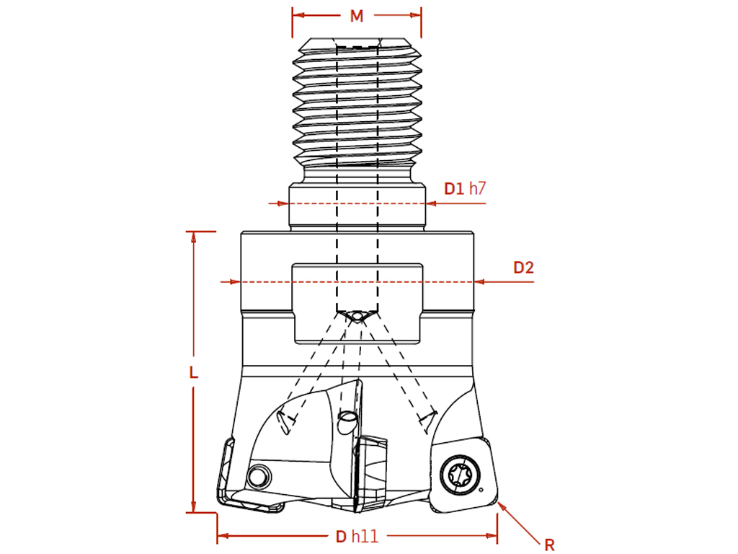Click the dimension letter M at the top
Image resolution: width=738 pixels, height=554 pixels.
[357, 16]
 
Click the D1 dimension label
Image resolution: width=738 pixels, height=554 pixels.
[454, 188]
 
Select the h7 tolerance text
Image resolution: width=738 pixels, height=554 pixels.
[477, 188]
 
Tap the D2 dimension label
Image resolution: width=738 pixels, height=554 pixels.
[523, 268]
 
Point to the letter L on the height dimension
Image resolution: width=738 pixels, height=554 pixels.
[193, 373]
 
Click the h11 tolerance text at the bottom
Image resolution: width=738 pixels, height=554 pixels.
[365, 536]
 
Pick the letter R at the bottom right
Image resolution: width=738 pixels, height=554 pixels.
[549, 545]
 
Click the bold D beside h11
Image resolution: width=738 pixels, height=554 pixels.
[341, 536]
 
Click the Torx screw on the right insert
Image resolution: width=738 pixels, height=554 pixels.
[461, 475]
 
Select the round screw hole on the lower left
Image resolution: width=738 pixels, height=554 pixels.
[259, 476]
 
